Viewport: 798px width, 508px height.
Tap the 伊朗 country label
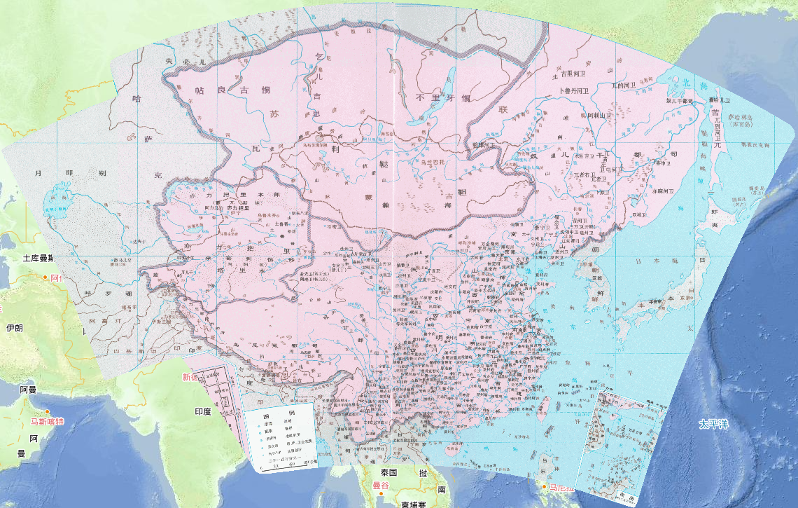point(15,328)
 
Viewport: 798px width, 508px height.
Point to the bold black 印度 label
point(203,411)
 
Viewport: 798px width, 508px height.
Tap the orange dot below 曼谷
point(381,493)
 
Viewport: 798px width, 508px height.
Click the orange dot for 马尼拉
point(545,487)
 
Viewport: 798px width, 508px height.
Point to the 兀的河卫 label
point(623,85)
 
